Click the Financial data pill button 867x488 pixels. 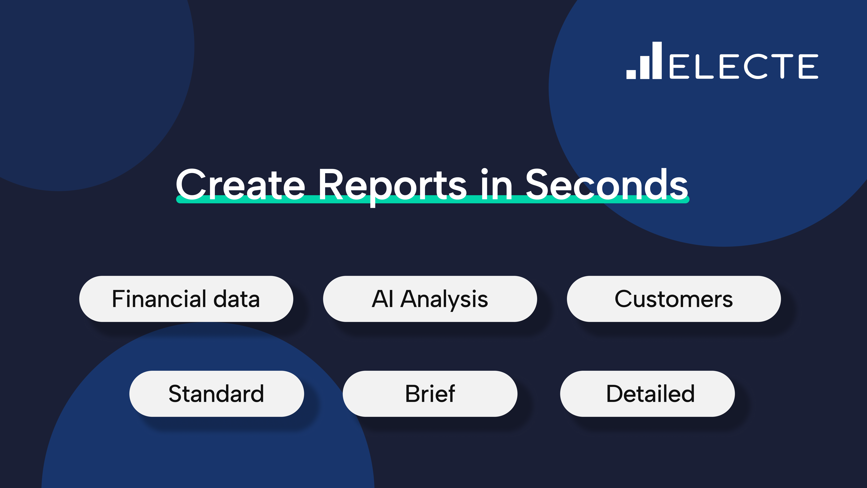tap(186, 299)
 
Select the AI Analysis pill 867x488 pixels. tap(430, 299)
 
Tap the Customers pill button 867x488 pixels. tap(674, 299)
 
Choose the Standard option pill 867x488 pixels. tap(216, 394)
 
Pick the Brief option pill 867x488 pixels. tap(430, 394)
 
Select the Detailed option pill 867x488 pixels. tap(647, 394)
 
